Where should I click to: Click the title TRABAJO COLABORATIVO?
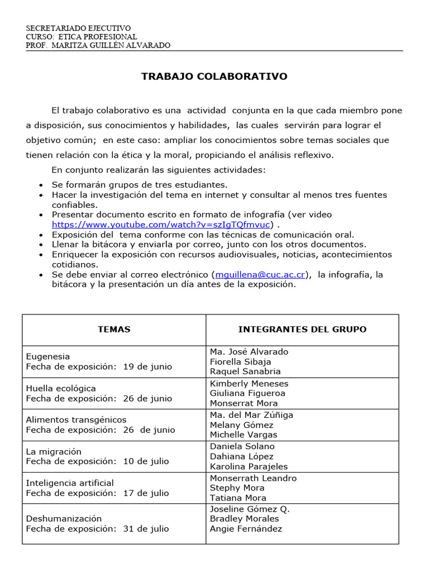pyautogui.click(x=214, y=77)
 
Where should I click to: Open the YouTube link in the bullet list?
pyautogui.click(x=162, y=225)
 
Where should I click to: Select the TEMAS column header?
pyautogui.click(x=114, y=330)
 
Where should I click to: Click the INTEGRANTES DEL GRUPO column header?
pyautogui.click(x=302, y=330)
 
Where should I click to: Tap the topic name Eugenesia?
pyautogui.click(x=48, y=356)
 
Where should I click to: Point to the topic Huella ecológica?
pyautogui.click(x=61, y=388)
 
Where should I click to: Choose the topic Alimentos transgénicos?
pyautogui.click(x=77, y=420)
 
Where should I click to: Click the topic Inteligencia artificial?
pyautogui.click(x=70, y=483)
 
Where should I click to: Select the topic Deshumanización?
pyautogui.click(x=64, y=518)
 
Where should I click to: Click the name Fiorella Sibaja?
pyautogui.click(x=240, y=361)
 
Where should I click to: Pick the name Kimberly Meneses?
pyautogui.click(x=249, y=383)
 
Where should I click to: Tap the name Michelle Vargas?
pyautogui.click(x=244, y=435)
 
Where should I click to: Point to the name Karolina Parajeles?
pyautogui.click(x=249, y=466)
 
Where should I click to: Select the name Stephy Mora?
pyautogui.click(x=237, y=488)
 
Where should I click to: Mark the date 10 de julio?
pyautogui.click(x=146, y=461)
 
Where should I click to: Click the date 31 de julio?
pyautogui.click(x=146, y=528)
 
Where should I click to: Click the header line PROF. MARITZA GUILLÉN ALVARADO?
pyautogui.click(x=98, y=45)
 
